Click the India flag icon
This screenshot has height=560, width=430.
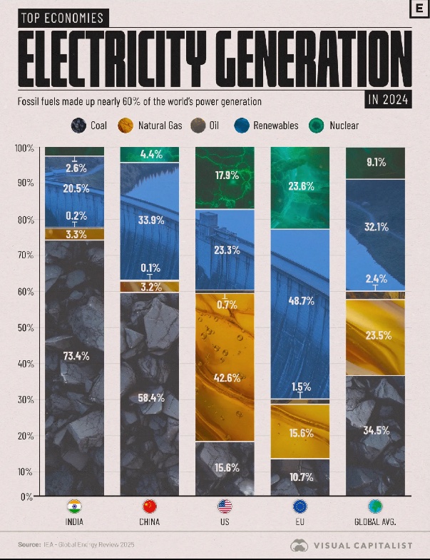[x=74, y=507]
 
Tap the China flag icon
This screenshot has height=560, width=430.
[x=150, y=507]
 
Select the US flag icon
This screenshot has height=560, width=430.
[x=225, y=507]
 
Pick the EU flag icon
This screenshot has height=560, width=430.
[x=300, y=507]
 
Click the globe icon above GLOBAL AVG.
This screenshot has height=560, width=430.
[x=375, y=507]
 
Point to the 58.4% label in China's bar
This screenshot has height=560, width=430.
[x=150, y=398]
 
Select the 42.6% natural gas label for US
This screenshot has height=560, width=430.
[x=225, y=377]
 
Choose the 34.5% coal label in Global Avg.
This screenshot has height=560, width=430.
[x=375, y=431]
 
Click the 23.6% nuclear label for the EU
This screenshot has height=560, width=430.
[x=300, y=186]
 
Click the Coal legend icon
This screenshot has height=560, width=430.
[x=78, y=126]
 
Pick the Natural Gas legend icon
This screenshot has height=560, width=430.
[x=126, y=126]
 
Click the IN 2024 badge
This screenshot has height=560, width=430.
[x=388, y=101]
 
